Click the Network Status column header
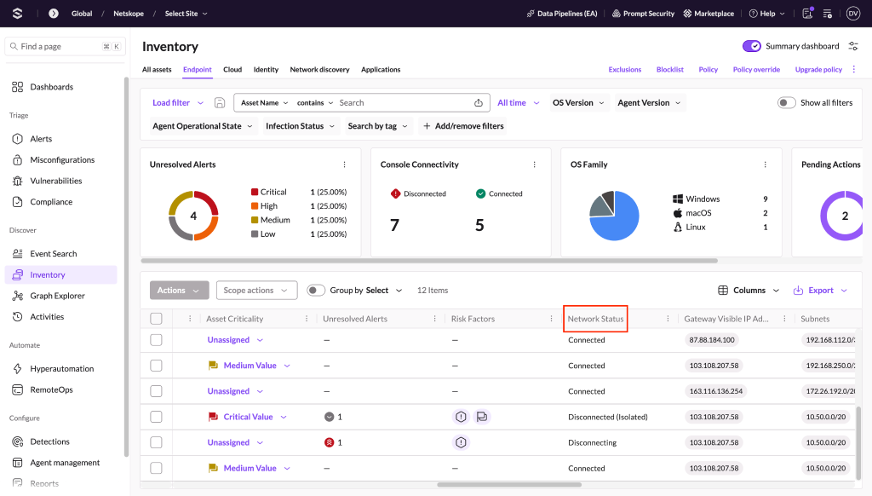(595, 319)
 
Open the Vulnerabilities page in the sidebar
(55, 181)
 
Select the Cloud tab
(232, 70)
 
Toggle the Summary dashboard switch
(751, 46)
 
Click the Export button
(820, 290)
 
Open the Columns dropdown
(749, 290)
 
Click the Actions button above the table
(179, 290)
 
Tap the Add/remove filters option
(463, 126)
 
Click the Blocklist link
(669, 70)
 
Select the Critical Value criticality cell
(248, 417)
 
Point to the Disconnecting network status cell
(593, 442)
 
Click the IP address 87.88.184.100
(712, 340)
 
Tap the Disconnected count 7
(394, 225)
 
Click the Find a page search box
(65, 46)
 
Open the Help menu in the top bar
(767, 14)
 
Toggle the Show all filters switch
(786, 102)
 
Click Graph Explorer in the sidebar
(57, 296)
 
